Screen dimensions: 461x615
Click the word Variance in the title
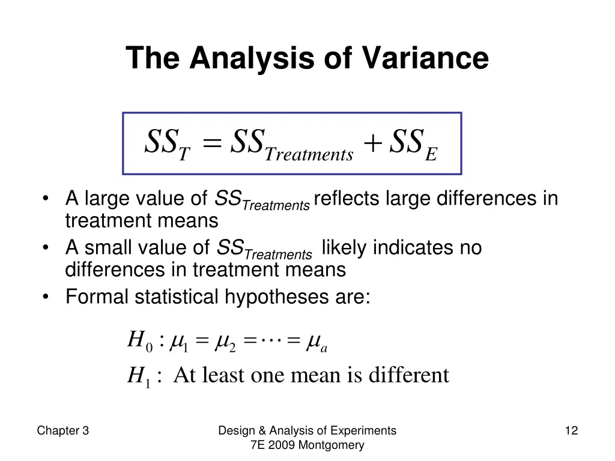(x=425, y=59)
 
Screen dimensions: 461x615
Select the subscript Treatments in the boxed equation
(x=309, y=155)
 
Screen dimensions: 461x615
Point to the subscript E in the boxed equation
(x=431, y=155)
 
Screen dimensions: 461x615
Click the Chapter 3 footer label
(x=63, y=430)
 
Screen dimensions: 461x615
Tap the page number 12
(x=571, y=430)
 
